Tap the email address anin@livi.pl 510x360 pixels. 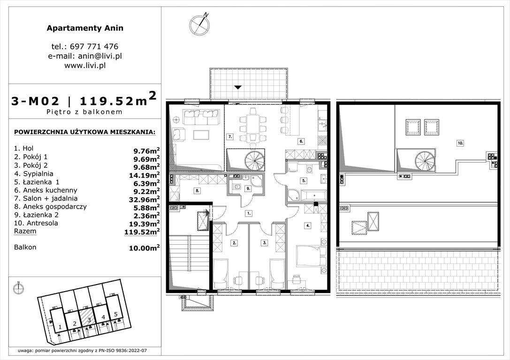tap(85, 56)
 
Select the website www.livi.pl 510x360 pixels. tap(85, 66)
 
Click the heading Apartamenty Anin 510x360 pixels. tap(85, 28)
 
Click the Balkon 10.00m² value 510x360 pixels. tap(144, 248)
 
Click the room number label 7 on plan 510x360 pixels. tap(230, 137)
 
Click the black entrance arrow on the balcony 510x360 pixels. tap(238, 87)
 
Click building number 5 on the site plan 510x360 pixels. tap(115, 314)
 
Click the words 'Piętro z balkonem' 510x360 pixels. tap(85, 112)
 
